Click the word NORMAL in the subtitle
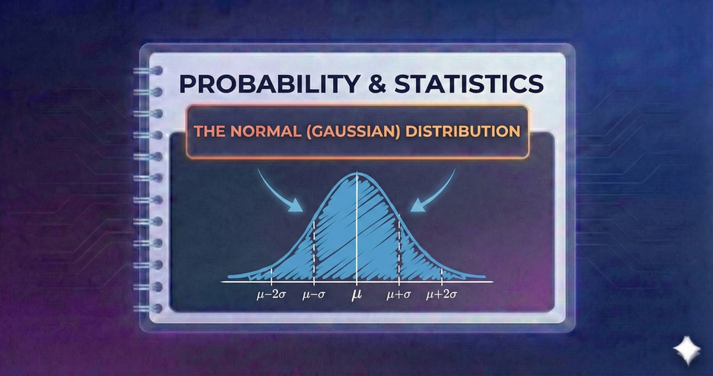click(x=253, y=133)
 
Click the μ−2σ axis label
click(x=271, y=295)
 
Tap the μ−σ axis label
click(x=315, y=295)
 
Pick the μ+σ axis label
click(x=399, y=295)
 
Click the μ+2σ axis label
click(x=442, y=295)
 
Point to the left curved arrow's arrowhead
click(x=299, y=209)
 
